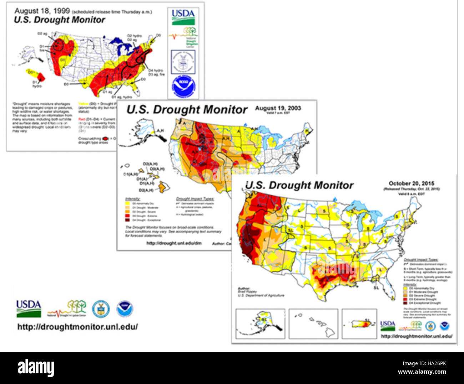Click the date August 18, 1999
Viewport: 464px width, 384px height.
point(42,11)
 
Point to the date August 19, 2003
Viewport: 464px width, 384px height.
point(278,108)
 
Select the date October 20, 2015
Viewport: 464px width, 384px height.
point(412,183)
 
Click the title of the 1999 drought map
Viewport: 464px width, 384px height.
point(59,20)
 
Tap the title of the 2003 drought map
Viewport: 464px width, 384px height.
point(187,110)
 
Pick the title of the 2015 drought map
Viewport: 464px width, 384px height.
point(299,185)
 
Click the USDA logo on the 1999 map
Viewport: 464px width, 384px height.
point(183,17)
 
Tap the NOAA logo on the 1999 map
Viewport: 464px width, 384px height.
point(183,87)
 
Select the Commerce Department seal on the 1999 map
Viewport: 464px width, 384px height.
point(183,62)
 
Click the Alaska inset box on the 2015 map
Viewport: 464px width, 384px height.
point(261,323)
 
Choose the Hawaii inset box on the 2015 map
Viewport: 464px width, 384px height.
point(313,323)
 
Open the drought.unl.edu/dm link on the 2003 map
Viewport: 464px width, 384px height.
point(174,243)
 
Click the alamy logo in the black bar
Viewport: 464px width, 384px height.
point(36,368)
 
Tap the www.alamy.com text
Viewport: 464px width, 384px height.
point(422,372)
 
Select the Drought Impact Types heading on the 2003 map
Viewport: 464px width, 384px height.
point(195,199)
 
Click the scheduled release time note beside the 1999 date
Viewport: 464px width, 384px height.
point(112,12)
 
